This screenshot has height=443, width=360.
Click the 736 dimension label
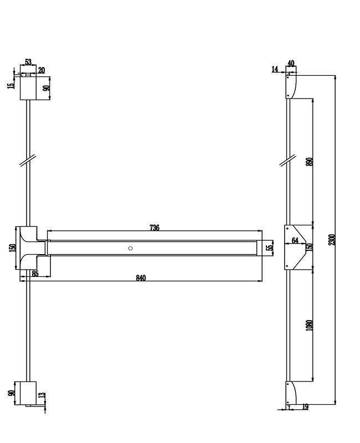point(155,228)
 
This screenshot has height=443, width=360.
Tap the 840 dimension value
point(141,278)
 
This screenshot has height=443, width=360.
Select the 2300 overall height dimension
point(332,240)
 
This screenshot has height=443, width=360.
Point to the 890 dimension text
point(310,162)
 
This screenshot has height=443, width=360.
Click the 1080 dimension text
point(310,326)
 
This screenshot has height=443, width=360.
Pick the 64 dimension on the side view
point(295,240)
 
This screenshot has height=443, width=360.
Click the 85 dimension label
point(35,274)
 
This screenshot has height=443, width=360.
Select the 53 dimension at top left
point(28,62)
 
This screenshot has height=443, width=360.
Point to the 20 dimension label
point(42,70)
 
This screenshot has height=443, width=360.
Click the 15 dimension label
point(11,85)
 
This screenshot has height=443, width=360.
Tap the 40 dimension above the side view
point(291,63)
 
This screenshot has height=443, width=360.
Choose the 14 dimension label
point(275,69)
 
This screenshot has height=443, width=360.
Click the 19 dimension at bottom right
point(305,407)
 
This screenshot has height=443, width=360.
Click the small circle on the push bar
point(130,248)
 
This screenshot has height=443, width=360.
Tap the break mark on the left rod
point(28,161)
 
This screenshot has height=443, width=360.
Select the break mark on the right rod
point(287,160)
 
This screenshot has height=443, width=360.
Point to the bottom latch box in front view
point(28,393)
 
